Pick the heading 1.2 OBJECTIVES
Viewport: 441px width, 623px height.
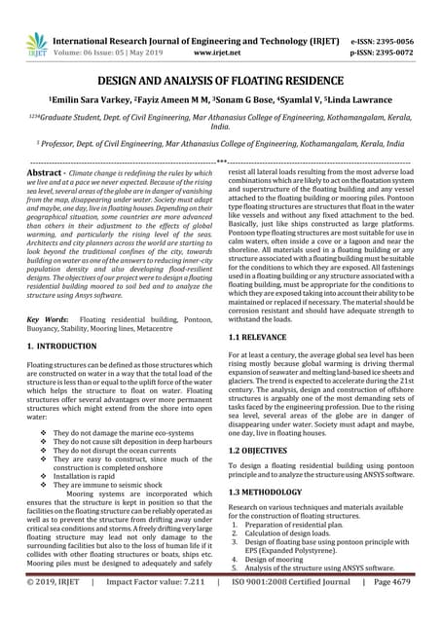coord(263,452)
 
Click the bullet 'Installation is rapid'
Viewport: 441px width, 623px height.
coord(93,474)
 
